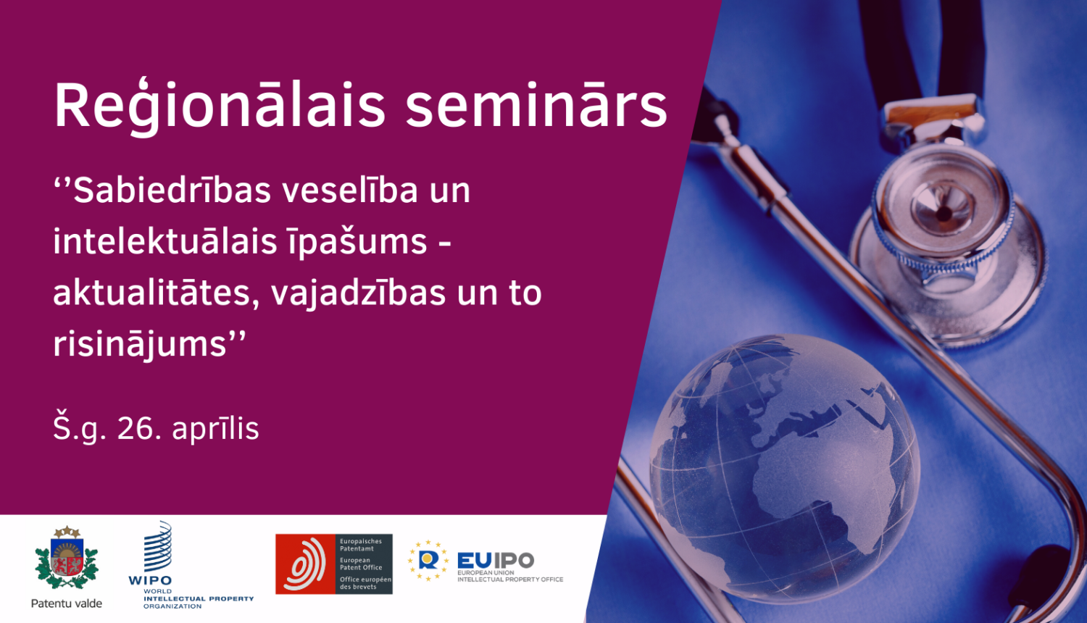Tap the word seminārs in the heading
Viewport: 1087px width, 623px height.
(537, 106)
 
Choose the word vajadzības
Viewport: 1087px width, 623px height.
(358, 294)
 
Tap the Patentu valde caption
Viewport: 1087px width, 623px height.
(67, 603)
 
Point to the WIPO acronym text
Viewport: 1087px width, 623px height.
(150, 580)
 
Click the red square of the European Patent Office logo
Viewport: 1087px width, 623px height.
(305, 564)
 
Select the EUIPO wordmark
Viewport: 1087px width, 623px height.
(496, 561)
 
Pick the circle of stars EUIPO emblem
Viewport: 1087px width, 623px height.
(428, 561)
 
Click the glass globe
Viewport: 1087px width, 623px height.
(784, 468)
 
